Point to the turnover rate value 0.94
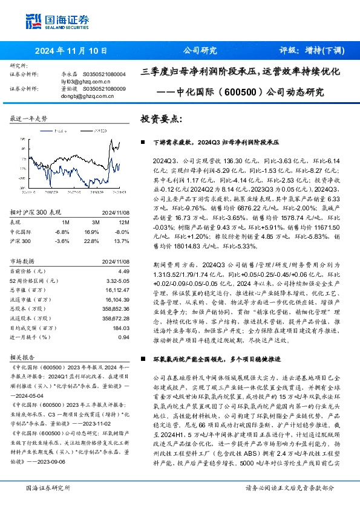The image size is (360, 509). (x=124, y=337)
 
